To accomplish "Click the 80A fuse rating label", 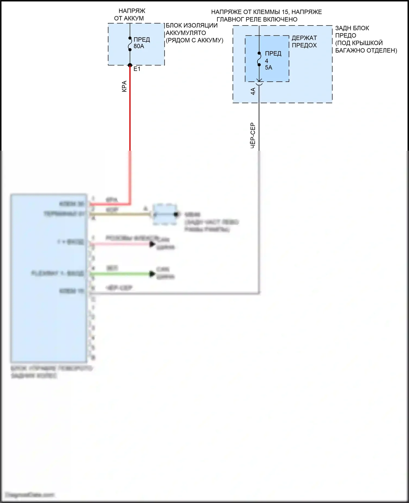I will pyautogui.click(x=139, y=46).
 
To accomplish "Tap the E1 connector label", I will pyautogui.click(x=137, y=69).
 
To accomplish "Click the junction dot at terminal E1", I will pyautogui.click(x=130, y=65).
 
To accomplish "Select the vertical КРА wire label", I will pyautogui.click(x=124, y=86).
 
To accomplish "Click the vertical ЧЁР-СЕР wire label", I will pyautogui.click(x=253, y=135).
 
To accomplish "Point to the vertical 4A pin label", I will pyautogui.click(x=253, y=91).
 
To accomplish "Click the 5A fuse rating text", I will pyautogui.click(x=269, y=68).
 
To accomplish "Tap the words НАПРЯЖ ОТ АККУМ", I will pyautogui.click(x=130, y=15).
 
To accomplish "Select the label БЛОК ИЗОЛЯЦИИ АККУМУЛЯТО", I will pyautogui.click(x=192, y=29).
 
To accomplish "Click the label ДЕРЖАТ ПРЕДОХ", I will pyautogui.click(x=304, y=42).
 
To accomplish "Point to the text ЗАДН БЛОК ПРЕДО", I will pyautogui.click(x=352, y=32).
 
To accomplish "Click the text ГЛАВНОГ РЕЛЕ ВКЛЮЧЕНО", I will pyautogui.click(x=257, y=19).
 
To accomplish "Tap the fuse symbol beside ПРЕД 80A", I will pyautogui.click(x=130, y=44).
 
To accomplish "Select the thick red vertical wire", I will pyautogui.click(x=130, y=109).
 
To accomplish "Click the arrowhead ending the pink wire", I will pyautogui.click(x=152, y=244).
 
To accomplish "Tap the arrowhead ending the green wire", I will pyautogui.click(x=152, y=274).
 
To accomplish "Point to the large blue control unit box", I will pyautogui.click(x=49, y=278).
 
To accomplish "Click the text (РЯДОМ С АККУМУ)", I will pyautogui.click(x=194, y=40).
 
